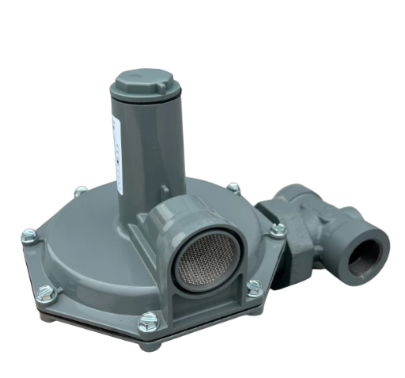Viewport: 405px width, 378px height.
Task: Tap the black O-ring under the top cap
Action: tap(147, 104)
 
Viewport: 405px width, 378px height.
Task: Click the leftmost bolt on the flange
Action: tap(29, 235)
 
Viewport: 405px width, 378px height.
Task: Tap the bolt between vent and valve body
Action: tap(276, 229)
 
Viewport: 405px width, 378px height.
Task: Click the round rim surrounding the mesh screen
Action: tap(179, 229)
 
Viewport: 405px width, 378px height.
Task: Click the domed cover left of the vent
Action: tap(95, 237)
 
